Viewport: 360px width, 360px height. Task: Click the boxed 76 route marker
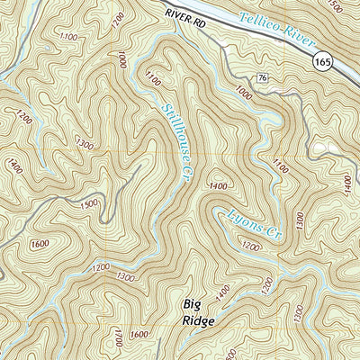262,78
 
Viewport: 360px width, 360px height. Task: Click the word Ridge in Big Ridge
184,322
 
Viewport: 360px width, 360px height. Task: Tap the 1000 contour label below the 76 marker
242,93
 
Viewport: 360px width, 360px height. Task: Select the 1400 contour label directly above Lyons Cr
215,185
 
